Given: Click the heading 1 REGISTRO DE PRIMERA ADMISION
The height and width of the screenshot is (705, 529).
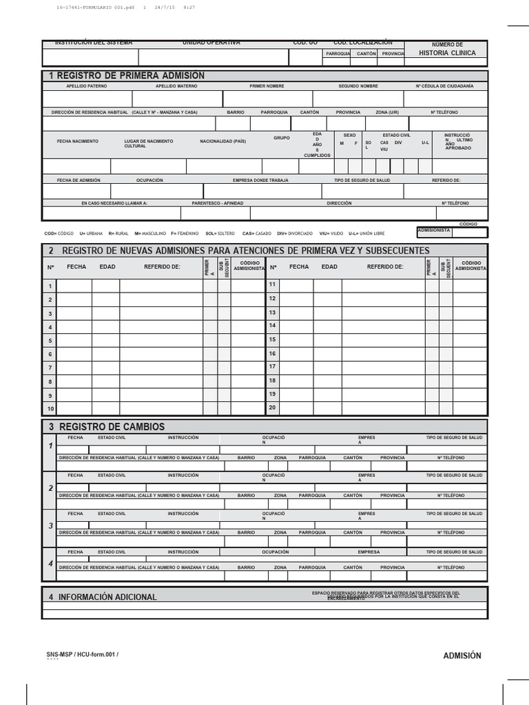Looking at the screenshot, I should (x=126, y=76).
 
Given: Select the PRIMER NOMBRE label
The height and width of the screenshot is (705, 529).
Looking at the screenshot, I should (x=267, y=86).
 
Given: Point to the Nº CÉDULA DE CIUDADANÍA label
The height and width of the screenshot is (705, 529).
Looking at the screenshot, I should (x=444, y=86).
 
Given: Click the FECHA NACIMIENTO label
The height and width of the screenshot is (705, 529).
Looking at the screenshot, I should (x=77, y=140).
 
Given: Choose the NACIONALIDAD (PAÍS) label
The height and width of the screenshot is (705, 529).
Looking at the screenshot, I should (x=222, y=140).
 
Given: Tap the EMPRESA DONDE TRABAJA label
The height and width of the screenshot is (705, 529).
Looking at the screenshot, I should (x=261, y=180).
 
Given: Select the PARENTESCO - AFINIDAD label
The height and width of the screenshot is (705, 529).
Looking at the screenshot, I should (x=218, y=203).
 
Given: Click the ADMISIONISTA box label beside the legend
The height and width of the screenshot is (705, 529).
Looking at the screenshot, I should (x=434, y=231).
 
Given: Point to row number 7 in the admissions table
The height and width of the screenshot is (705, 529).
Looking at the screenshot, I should (x=50, y=368).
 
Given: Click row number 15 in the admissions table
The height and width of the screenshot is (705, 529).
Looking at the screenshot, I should (x=272, y=339).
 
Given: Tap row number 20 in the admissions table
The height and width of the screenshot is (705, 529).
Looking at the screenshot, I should (x=272, y=407).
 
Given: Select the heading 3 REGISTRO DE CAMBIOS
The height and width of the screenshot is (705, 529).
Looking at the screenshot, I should (x=107, y=427).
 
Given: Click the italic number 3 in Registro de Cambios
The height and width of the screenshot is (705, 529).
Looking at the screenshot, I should (x=50, y=526).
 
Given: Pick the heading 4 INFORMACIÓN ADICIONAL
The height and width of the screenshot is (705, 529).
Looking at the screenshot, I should (x=103, y=597).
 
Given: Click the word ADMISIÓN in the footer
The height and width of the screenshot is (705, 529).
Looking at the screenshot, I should (x=461, y=655).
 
